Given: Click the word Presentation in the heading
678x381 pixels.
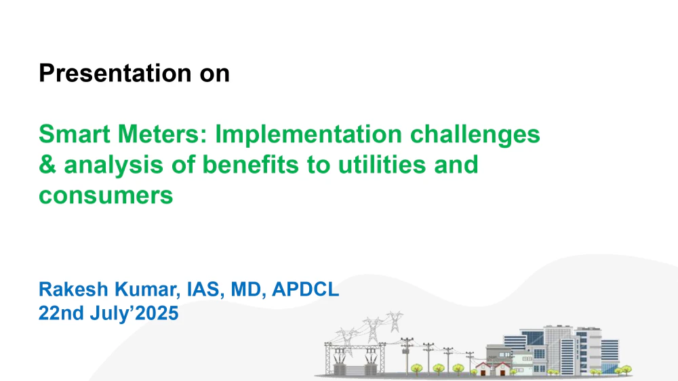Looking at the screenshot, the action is pos(115,73).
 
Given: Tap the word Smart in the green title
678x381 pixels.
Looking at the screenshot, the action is pos(75,134).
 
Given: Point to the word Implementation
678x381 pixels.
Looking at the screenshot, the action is pos(308,134).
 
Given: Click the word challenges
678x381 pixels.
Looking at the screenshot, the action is pos(475,134).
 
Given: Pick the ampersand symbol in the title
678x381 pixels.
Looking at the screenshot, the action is pos(47,165).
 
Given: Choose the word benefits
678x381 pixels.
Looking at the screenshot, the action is pos(251,165).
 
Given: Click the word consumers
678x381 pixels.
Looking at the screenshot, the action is pos(106,196).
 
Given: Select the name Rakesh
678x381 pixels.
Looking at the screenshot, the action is pos(73,289).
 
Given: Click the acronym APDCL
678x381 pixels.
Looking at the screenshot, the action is pos(305,289).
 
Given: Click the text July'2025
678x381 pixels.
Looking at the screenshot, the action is pos(134,313).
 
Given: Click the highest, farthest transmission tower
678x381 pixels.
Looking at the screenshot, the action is pos(395,321).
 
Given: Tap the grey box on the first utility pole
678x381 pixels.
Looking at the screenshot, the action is pos(405,350).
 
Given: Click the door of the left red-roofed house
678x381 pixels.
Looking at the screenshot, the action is pos(483,372).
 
